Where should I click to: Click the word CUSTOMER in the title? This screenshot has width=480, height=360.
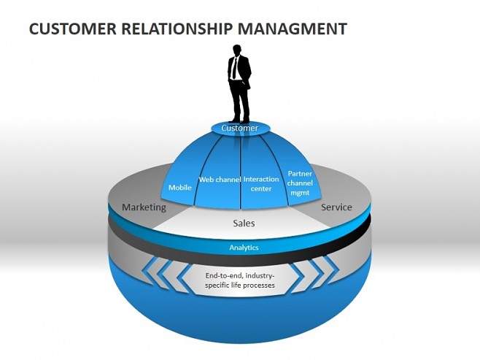pyautogui.click(x=71, y=29)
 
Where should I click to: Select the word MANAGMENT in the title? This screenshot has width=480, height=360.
pyautogui.click(x=292, y=29)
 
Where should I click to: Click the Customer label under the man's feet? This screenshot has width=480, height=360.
pyautogui.click(x=240, y=129)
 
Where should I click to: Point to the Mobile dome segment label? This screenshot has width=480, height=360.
pyautogui.click(x=180, y=188)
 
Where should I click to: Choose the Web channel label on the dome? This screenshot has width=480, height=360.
pyautogui.click(x=220, y=180)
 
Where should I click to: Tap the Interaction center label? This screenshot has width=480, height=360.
pyautogui.click(x=261, y=184)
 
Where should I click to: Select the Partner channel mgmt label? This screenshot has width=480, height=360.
pyautogui.click(x=300, y=183)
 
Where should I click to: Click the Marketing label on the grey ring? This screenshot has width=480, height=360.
pyautogui.click(x=144, y=207)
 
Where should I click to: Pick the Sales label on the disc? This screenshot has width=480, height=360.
pyautogui.click(x=244, y=223)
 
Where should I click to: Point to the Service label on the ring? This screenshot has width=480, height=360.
pyautogui.click(x=336, y=207)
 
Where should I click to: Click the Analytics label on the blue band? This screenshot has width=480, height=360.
pyautogui.click(x=244, y=248)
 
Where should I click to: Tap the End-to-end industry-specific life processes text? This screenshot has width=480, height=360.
pyautogui.click(x=239, y=280)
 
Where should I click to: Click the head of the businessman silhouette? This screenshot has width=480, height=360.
pyautogui.click(x=236, y=50)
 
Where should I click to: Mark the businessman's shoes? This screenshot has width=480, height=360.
pyautogui.click(x=239, y=120)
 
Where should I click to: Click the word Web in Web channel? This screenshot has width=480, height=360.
pyautogui.click(x=206, y=180)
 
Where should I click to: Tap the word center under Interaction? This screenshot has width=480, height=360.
pyautogui.click(x=261, y=189)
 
